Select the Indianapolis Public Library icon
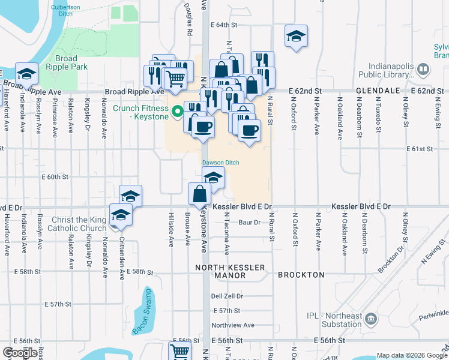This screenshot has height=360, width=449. pos(423,70)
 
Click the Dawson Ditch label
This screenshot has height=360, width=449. pos(216,162)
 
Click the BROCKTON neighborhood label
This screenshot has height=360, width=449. pos(301,275)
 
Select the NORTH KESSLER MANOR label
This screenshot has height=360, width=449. pos(221,271)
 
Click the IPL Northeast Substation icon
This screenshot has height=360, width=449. pos(370,317)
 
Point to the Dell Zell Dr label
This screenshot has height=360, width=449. pos(227,296)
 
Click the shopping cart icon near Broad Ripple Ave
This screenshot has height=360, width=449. pos(175,78)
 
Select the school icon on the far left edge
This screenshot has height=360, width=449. pos(26,73)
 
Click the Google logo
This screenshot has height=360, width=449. pos(20,352)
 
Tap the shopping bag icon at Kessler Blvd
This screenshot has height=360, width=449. pos(199,194)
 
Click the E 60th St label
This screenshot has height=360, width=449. pos(55,177)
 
